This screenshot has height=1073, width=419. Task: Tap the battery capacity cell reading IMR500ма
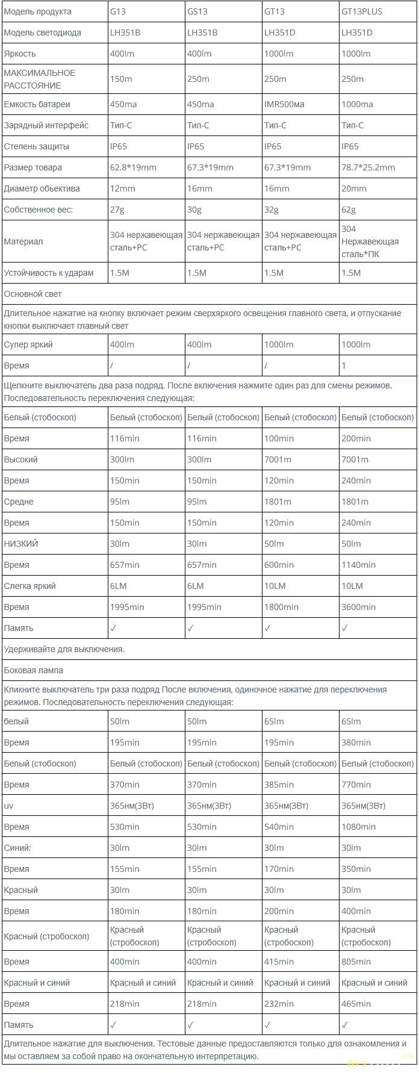pyautogui.click(x=284, y=104)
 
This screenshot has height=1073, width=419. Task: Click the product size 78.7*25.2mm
pyautogui.click(x=368, y=167)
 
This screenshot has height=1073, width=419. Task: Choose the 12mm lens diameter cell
pyautogui.click(x=122, y=188)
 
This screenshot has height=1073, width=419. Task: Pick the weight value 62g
pyautogui.click(x=349, y=210)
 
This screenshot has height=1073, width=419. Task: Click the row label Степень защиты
pyautogui.click(x=36, y=146)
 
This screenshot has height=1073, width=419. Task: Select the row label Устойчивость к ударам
pyautogui.click(x=49, y=273)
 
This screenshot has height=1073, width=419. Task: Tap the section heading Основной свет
pyautogui.click(x=33, y=294)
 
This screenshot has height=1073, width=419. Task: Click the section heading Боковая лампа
pyautogui.click(x=33, y=670)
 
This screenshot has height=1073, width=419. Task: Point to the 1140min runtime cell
pyautogui.click(x=358, y=565)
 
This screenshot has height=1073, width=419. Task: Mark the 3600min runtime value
pyautogui.click(x=358, y=607)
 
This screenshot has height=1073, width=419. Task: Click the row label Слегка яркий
pyautogui.click(x=29, y=586)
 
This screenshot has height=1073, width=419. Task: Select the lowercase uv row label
pyautogui.click(x=8, y=806)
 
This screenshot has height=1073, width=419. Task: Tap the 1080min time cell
pyautogui.click(x=358, y=827)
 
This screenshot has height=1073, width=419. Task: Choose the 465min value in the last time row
pyautogui.click(x=356, y=1004)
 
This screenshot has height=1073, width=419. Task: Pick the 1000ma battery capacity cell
pyautogui.click(x=357, y=104)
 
